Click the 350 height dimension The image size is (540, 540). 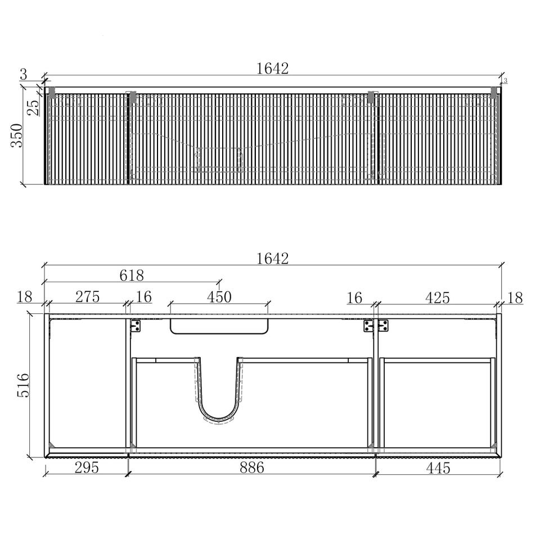point(16,136)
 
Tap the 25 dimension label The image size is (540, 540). point(33,108)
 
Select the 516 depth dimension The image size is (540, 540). point(23,385)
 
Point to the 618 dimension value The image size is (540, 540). point(132,275)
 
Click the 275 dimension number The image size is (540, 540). point(88,297)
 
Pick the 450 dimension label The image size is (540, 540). point(219,297)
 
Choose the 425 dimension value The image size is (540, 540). point(438,298)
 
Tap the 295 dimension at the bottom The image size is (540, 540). point(87,467)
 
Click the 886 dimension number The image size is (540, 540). point(252,467)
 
